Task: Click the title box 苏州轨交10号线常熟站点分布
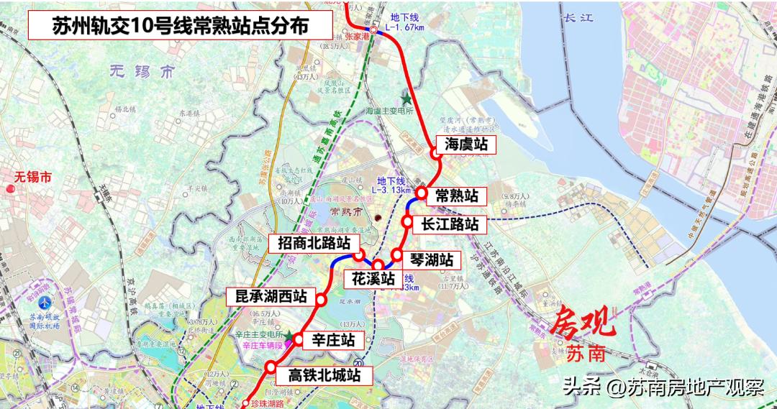(180, 26)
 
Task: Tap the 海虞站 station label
(466, 144)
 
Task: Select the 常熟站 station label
(457, 195)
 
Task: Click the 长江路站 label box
(450, 224)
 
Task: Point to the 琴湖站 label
(432, 259)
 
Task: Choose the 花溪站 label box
(373, 277)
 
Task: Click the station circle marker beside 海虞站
(435, 153)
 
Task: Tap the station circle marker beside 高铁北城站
(271, 367)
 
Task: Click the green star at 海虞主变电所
(406, 98)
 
